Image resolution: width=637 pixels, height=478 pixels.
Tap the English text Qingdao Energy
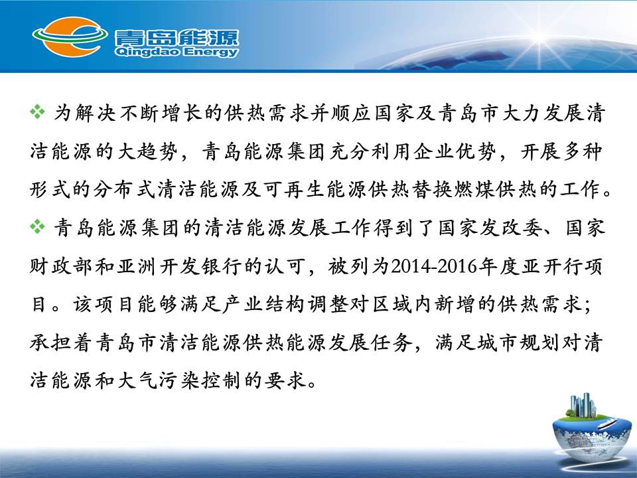(x=177, y=52)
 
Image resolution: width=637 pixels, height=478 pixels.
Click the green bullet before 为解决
(x=37, y=112)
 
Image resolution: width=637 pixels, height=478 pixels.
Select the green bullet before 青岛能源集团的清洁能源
(x=37, y=226)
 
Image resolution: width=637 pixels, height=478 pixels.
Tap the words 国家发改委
(x=490, y=228)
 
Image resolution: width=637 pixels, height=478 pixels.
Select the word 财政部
(x=61, y=266)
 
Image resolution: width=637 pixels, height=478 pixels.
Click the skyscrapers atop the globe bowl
(x=583, y=405)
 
